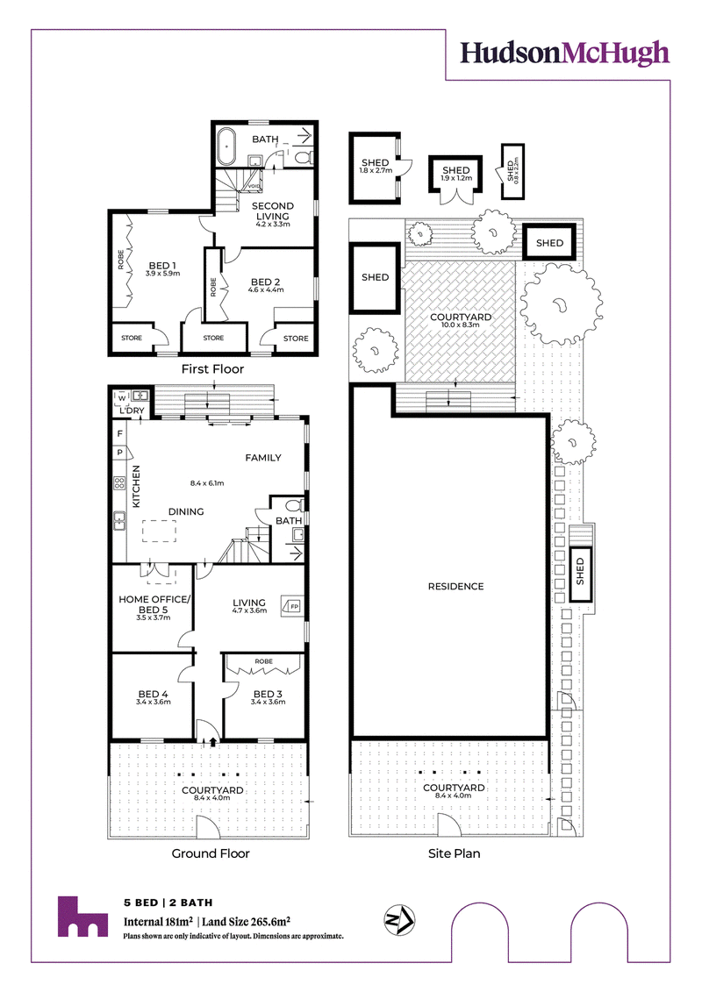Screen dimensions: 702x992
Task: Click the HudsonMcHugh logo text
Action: coord(564,54)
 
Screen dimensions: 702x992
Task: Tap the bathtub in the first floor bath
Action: coord(226,146)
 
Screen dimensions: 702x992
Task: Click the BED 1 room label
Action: coord(162,266)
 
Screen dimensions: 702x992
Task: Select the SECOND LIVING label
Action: coord(273,211)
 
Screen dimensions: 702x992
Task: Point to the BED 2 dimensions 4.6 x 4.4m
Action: coord(266,289)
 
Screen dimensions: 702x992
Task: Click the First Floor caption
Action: coord(212,369)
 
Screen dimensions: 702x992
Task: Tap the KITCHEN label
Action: coord(135,487)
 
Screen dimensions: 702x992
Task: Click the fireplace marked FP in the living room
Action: coord(293,606)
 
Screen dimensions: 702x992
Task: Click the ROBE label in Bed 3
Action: coord(264,661)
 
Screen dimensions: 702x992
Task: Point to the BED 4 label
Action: coord(154,694)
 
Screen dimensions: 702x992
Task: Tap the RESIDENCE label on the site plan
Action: coord(455,587)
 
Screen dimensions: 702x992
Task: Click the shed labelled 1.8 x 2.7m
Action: coord(376,168)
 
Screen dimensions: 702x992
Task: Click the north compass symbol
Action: coord(399,920)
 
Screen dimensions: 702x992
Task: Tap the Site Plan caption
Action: coord(454,853)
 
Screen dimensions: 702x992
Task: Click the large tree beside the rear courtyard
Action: coord(561,303)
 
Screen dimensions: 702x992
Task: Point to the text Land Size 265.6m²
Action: coord(247,922)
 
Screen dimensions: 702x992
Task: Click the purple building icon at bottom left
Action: coord(82,916)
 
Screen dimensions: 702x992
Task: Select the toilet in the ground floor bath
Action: coord(294,505)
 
